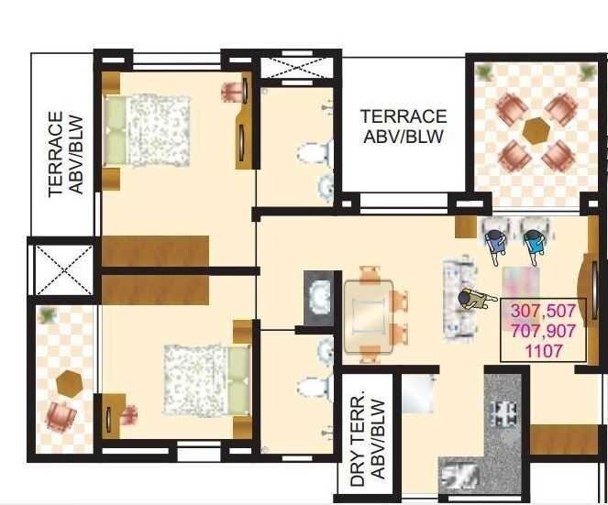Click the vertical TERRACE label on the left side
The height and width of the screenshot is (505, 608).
click(x=57, y=154)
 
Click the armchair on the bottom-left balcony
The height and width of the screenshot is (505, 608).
click(x=62, y=417)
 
